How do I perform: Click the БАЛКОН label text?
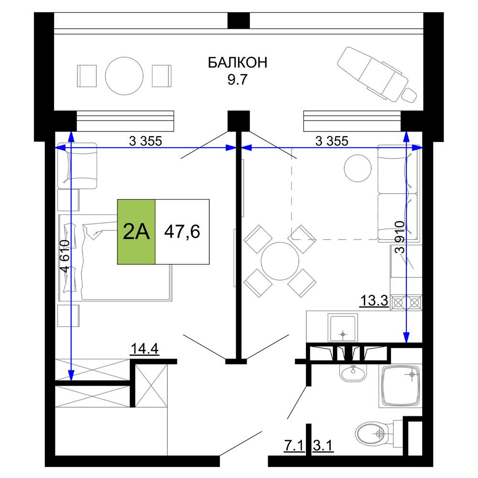(x=238, y=63)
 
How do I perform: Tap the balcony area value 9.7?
(x=237, y=79)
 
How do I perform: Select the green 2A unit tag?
(x=136, y=232)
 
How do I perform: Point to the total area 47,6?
(x=182, y=231)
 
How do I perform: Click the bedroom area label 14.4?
(x=144, y=348)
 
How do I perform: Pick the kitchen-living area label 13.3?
(x=374, y=300)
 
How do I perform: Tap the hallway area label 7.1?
(x=294, y=445)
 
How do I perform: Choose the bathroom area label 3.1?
(x=323, y=445)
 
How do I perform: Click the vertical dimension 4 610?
(x=65, y=256)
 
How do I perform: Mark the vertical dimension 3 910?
(x=400, y=237)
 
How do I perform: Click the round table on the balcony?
(x=124, y=76)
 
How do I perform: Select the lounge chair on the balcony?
(x=378, y=74)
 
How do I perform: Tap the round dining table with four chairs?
(x=280, y=261)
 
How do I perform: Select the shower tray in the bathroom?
(x=401, y=386)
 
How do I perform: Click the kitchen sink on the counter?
(x=343, y=328)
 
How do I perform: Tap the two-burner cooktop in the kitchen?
(x=406, y=303)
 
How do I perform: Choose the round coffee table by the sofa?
(x=358, y=168)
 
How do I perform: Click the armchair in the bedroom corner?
(x=77, y=166)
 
